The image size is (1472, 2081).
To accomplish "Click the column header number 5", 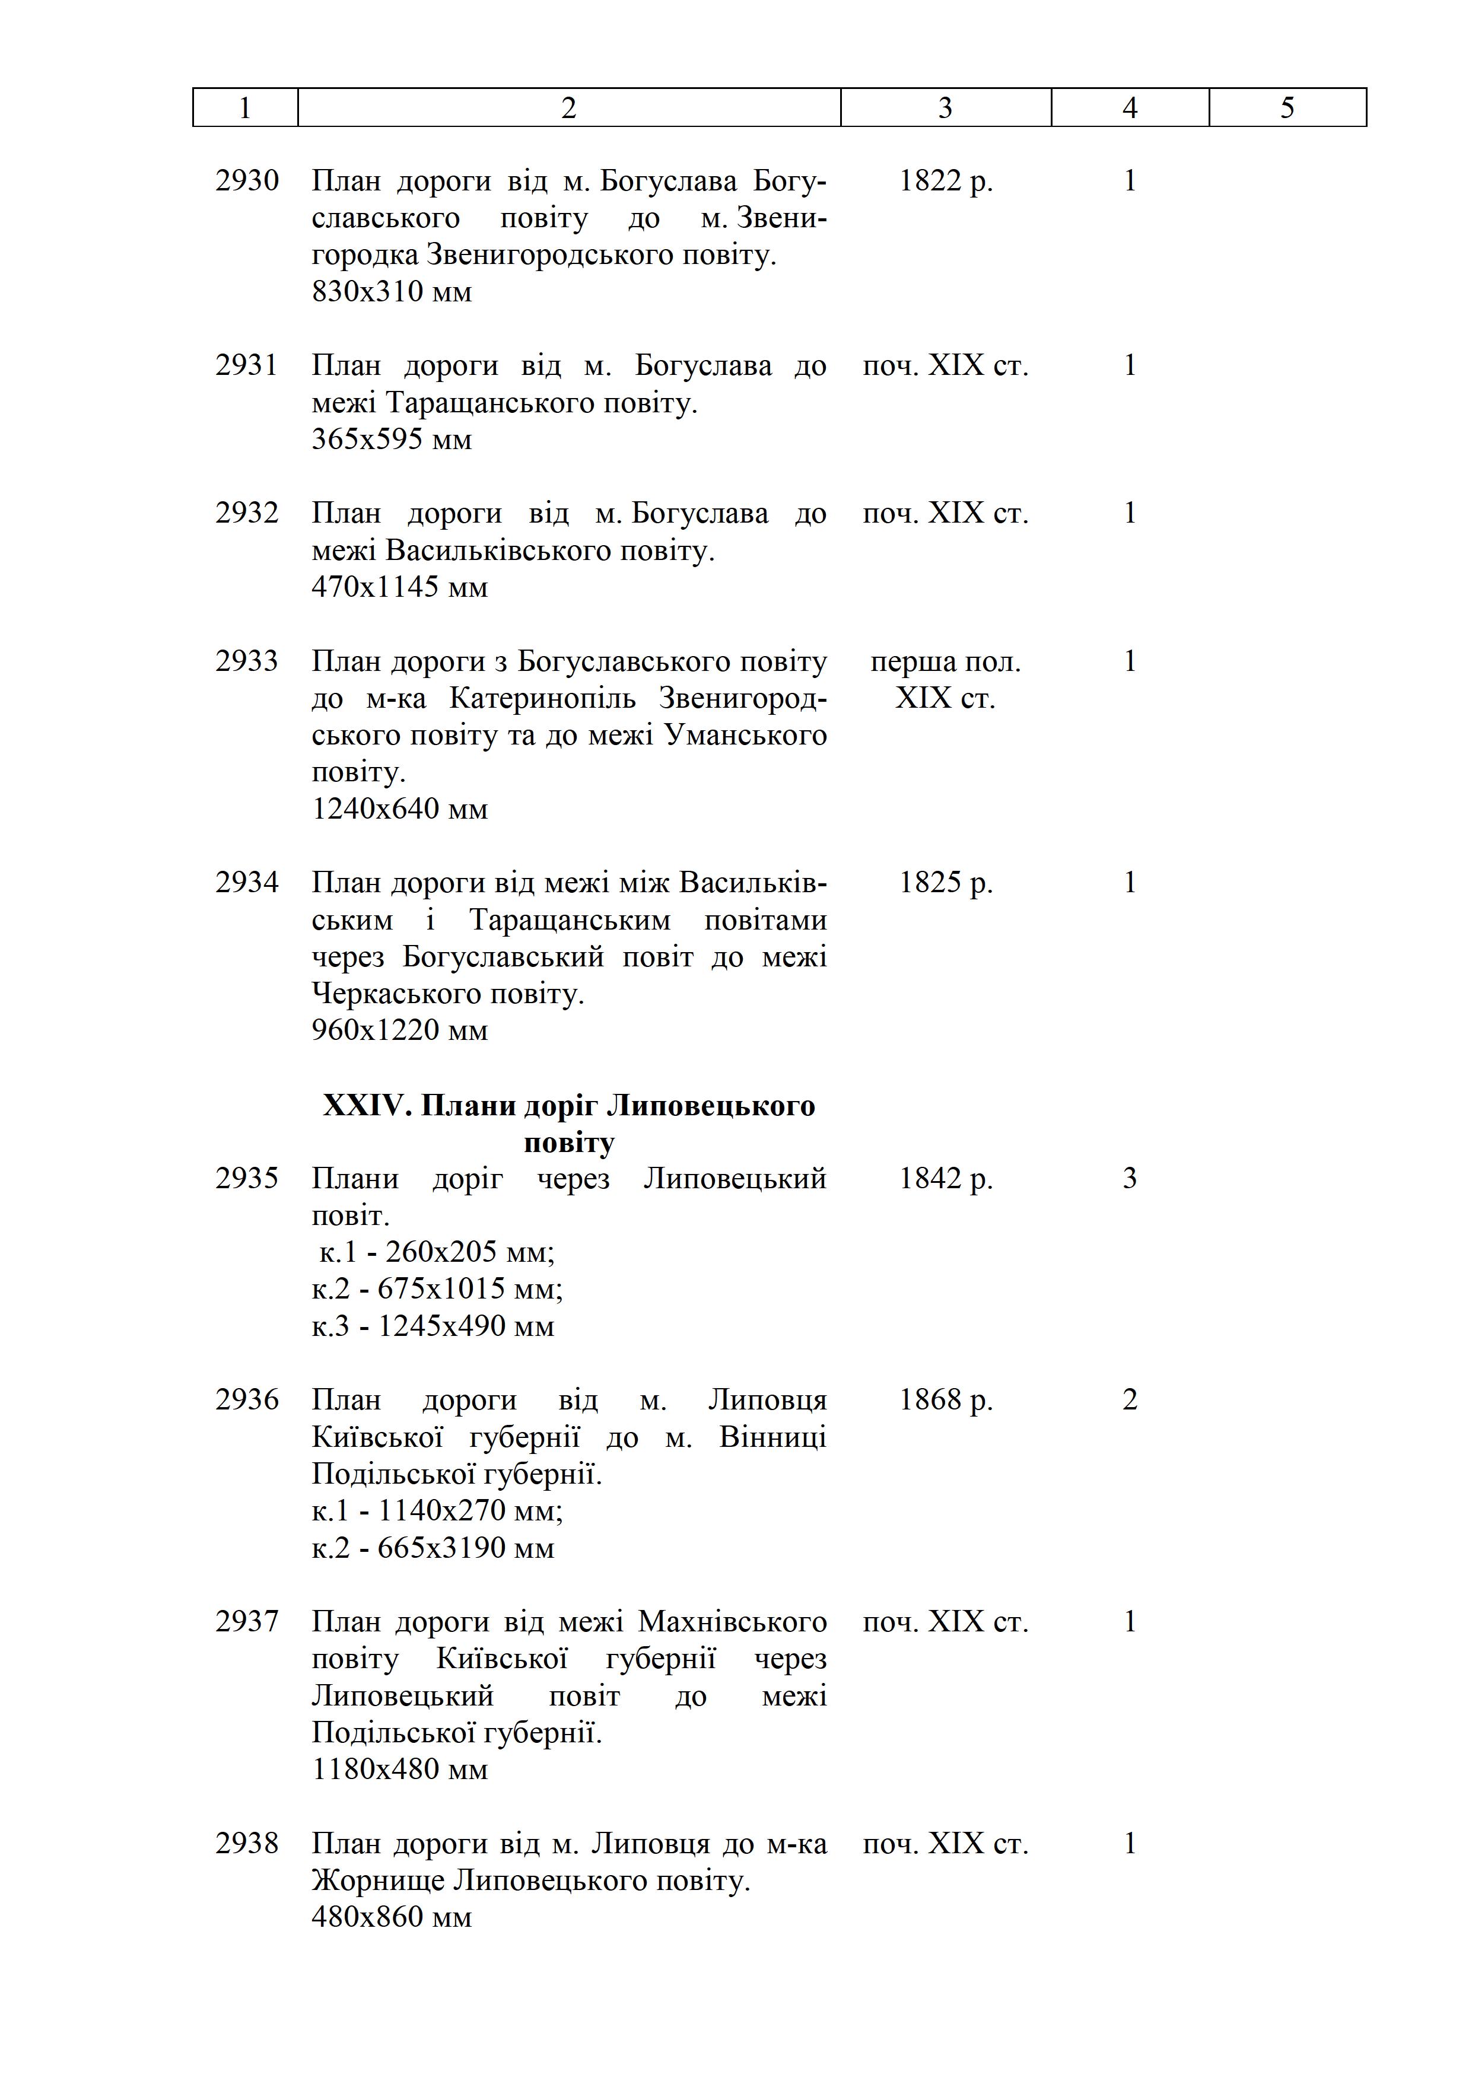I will [1287, 108].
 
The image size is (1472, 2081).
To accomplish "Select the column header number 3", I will [945, 108].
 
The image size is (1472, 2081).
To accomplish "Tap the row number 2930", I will [247, 180].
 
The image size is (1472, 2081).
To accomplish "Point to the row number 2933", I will [247, 661].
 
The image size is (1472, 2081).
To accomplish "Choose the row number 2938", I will [247, 1844].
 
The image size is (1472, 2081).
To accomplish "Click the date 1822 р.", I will [945, 180].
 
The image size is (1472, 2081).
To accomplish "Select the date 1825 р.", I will [945, 882].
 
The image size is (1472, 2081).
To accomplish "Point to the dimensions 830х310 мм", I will [392, 292].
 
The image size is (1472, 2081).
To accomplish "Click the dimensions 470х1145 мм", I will [400, 587].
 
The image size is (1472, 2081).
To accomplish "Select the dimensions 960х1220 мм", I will [400, 1030].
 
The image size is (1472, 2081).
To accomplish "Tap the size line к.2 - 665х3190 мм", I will [433, 1547].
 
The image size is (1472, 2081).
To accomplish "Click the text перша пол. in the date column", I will [945, 661].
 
